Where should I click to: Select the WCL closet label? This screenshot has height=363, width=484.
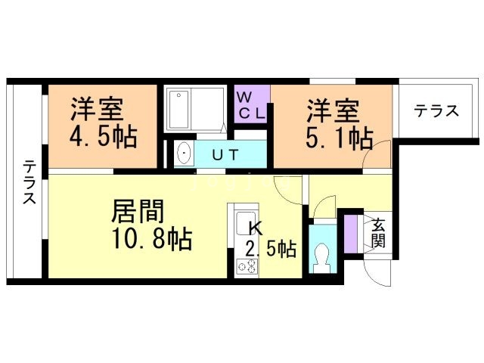point(252,106)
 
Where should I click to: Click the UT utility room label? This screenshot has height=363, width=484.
point(226,155)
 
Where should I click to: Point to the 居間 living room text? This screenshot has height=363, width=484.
point(138,212)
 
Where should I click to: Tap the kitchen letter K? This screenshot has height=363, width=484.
point(256,228)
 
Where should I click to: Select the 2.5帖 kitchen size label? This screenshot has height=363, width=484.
point(271,249)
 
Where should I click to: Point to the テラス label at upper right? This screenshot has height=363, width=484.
point(436,111)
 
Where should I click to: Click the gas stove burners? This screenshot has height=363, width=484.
point(247,267)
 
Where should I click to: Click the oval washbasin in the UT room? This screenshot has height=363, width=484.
point(185,154)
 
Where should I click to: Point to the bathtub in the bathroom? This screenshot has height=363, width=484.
point(178,109)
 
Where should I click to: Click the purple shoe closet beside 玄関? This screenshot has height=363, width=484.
point(350,234)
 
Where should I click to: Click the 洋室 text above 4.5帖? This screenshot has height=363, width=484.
point(97,109)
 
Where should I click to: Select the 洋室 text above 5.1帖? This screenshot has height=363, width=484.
point(333,111)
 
